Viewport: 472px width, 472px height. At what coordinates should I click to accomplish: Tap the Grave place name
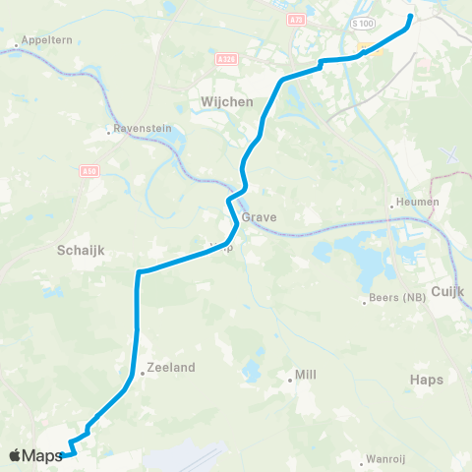click(265, 217)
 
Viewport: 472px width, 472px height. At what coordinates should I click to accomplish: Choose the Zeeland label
click(171, 367)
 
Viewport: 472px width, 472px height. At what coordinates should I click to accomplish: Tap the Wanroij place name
click(384, 458)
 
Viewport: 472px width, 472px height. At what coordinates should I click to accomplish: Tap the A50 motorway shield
click(90, 171)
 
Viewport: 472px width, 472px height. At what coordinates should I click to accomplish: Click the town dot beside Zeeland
click(142, 372)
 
